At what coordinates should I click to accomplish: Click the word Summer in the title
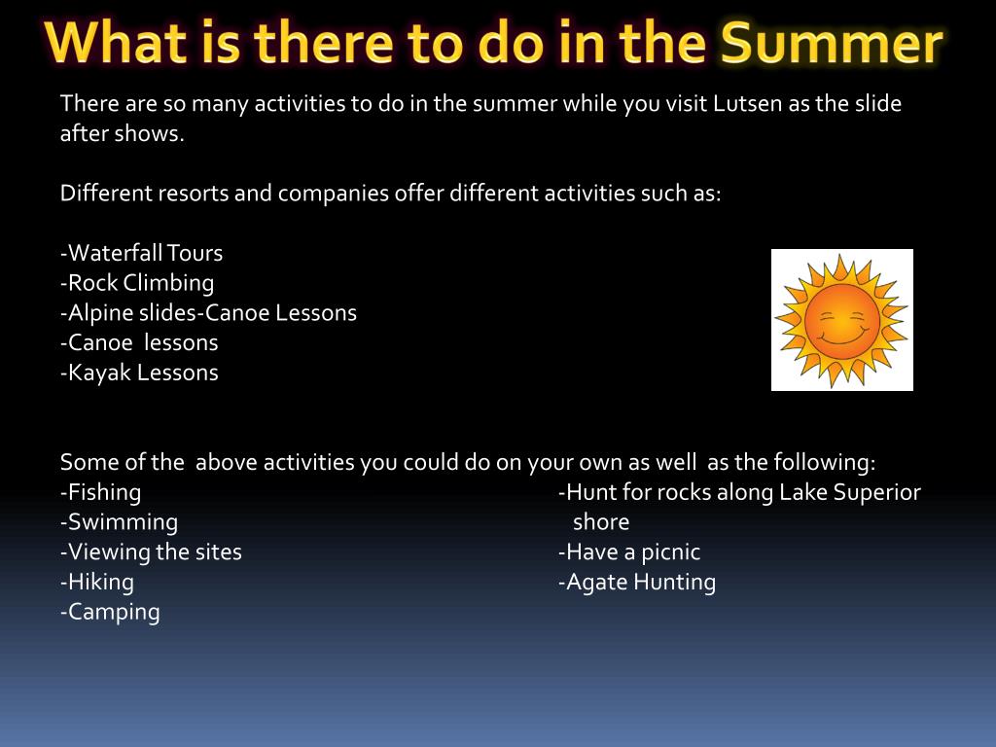[x=832, y=42]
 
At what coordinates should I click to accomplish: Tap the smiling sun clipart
[x=841, y=320]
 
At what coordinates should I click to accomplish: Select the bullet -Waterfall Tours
[x=142, y=253]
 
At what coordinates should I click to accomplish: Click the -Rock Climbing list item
[x=137, y=283]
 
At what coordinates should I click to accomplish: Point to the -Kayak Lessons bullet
[x=139, y=373]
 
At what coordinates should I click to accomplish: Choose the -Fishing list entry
[x=100, y=492]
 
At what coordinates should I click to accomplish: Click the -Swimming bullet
[x=119, y=522]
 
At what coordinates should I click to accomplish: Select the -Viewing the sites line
[x=151, y=552]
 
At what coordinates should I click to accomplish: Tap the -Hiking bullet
[x=97, y=582]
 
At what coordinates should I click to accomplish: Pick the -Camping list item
[x=110, y=612]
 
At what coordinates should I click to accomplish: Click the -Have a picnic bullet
[x=629, y=552]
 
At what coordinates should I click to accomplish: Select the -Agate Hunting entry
[x=636, y=582]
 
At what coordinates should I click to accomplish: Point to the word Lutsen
[x=747, y=103]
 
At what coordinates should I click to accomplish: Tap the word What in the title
[x=116, y=42]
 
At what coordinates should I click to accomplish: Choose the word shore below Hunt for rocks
[x=601, y=522]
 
